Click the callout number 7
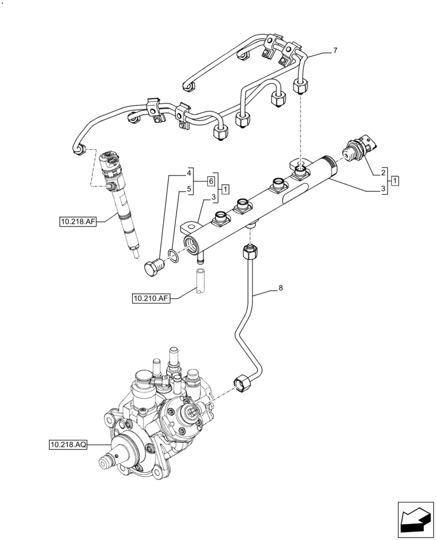[335, 51]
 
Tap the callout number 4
[189, 173]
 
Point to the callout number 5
[189, 190]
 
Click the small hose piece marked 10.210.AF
[201, 283]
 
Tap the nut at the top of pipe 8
[250, 249]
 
